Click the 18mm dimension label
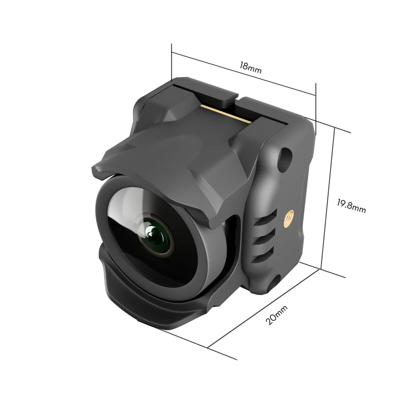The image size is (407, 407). [250, 67]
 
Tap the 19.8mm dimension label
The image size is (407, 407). [351, 206]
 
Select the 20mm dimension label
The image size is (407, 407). [277, 314]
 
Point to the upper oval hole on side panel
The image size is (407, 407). [284, 160]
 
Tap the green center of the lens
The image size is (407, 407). [158, 237]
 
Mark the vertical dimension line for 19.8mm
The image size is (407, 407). [328, 199]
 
